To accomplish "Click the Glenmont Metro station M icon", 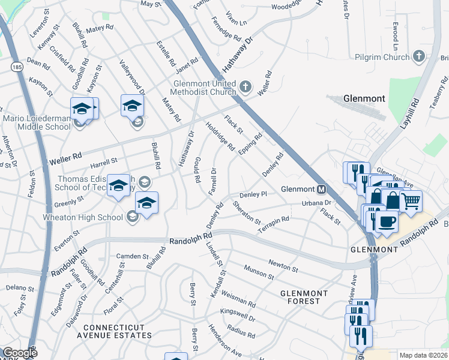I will click(x=322, y=189).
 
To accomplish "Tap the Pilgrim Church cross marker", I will click(x=419, y=57).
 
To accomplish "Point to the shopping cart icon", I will click(x=411, y=202).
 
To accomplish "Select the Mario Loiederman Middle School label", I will click(x=37, y=122).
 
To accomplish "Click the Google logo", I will click(x=20, y=353).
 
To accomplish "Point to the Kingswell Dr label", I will click(x=238, y=316).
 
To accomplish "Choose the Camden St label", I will click(x=132, y=256).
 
